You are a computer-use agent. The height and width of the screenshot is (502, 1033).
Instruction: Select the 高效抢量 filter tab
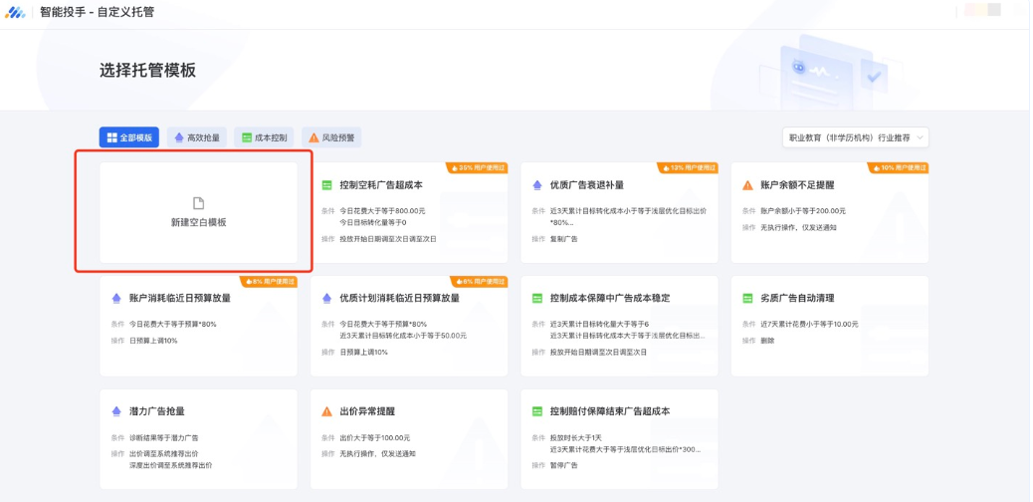coord(197,137)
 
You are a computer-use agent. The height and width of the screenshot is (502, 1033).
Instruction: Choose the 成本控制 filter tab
coord(265,137)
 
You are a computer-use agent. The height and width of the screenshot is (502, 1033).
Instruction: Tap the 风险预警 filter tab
coord(331,137)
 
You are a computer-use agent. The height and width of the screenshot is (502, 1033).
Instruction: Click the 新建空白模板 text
coord(198,222)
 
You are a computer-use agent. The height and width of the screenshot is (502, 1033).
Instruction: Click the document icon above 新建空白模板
coord(198,203)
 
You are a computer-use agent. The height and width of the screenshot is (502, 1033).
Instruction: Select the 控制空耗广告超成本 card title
coord(380,185)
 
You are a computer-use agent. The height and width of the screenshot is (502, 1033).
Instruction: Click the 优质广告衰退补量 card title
coord(586,185)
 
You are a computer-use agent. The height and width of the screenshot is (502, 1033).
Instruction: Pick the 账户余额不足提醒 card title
coord(798,185)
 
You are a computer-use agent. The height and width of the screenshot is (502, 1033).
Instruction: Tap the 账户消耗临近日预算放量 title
coord(179,298)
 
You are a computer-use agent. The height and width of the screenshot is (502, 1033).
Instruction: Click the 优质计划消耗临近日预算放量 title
coord(399,298)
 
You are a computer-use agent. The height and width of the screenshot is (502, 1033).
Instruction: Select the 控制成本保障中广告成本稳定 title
coord(609,298)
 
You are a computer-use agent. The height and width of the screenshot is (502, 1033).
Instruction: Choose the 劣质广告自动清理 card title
coord(797,298)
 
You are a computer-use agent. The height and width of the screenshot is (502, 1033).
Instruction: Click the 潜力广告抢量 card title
coord(156,411)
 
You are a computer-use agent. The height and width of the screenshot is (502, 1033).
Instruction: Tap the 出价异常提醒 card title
coord(366,411)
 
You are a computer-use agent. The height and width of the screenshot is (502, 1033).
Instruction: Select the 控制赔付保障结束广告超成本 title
coord(609,411)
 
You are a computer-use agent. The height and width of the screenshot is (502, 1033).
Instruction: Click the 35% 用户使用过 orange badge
coord(478,167)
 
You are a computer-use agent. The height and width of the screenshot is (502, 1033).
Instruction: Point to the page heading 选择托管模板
coord(147,71)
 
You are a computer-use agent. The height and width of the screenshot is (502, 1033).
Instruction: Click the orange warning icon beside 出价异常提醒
coord(326,411)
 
